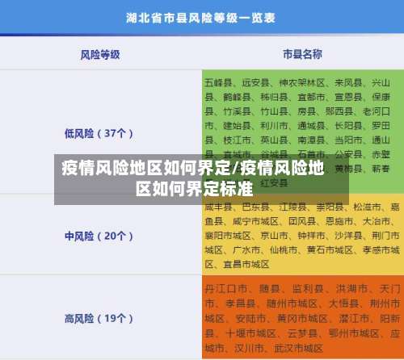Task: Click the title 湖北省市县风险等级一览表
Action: [x=201, y=15]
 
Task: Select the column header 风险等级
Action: [x=100, y=54]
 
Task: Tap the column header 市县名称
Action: [x=302, y=54]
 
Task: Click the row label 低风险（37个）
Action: [x=99, y=133]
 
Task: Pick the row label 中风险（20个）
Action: [x=99, y=214]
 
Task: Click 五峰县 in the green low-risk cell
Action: [x=218, y=82]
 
